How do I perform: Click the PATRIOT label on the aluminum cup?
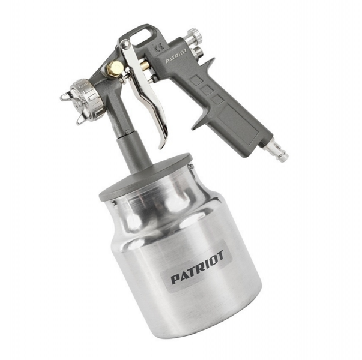point(198,267)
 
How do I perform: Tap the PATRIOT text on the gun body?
point(176,55)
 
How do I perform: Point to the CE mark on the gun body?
point(159,47)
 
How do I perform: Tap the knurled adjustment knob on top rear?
point(195,35)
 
